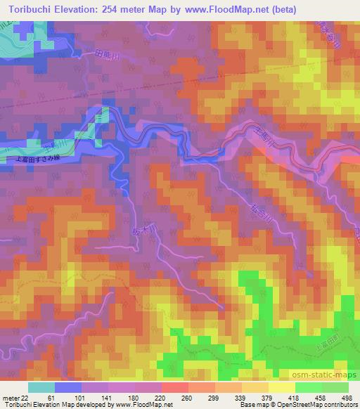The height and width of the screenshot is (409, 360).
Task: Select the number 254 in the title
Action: (x=115, y=9)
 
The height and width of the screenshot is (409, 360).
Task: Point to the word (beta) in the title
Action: (x=278, y=9)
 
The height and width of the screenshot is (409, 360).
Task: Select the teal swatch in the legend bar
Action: (x=41, y=387)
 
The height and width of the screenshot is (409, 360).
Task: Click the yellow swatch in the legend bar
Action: (x=281, y=387)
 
